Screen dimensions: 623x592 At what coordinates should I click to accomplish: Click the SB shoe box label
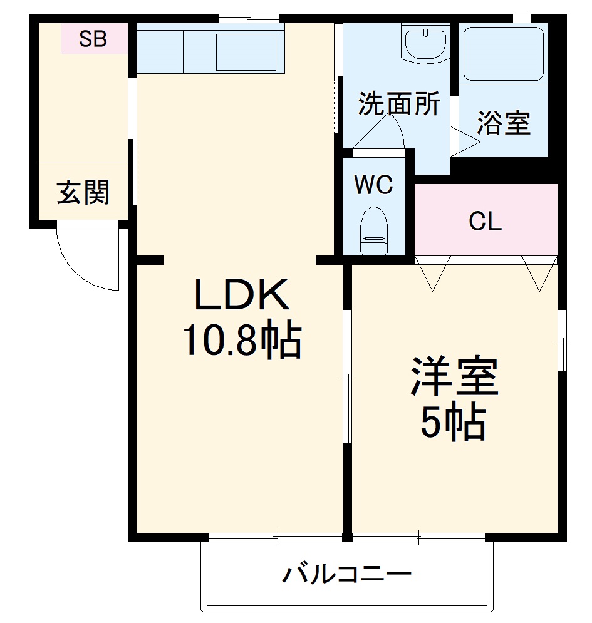pyautogui.click(x=93, y=39)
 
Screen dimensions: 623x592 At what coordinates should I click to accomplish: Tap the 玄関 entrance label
pyautogui.click(x=83, y=193)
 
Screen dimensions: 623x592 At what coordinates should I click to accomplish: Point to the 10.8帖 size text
pyautogui.click(x=242, y=340)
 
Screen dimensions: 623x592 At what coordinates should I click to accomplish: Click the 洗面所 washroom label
pyautogui.click(x=399, y=105)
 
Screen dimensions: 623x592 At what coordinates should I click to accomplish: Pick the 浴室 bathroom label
pyautogui.click(x=504, y=123)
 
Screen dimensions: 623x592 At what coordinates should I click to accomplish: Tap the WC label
pyautogui.click(x=373, y=185)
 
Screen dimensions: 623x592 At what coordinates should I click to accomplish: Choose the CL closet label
pyautogui.click(x=486, y=221)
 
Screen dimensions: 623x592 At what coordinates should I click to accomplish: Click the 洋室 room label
pyautogui.click(x=454, y=377)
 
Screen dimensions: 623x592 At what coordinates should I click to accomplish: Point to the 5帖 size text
pyautogui.click(x=453, y=424)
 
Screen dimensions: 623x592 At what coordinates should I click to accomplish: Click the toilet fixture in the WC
pyautogui.click(x=374, y=231)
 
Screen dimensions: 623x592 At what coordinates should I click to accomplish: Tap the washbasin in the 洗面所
pyautogui.click(x=425, y=43)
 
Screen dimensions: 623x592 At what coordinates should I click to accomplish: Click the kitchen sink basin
pyautogui.click(x=246, y=52)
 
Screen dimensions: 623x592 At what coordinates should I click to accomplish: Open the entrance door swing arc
pyautogui.click(x=88, y=257)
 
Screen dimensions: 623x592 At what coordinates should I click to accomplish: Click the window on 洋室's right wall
pyautogui.click(x=562, y=341)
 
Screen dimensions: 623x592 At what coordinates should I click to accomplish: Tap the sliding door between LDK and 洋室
pyautogui.click(x=346, y=376)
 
